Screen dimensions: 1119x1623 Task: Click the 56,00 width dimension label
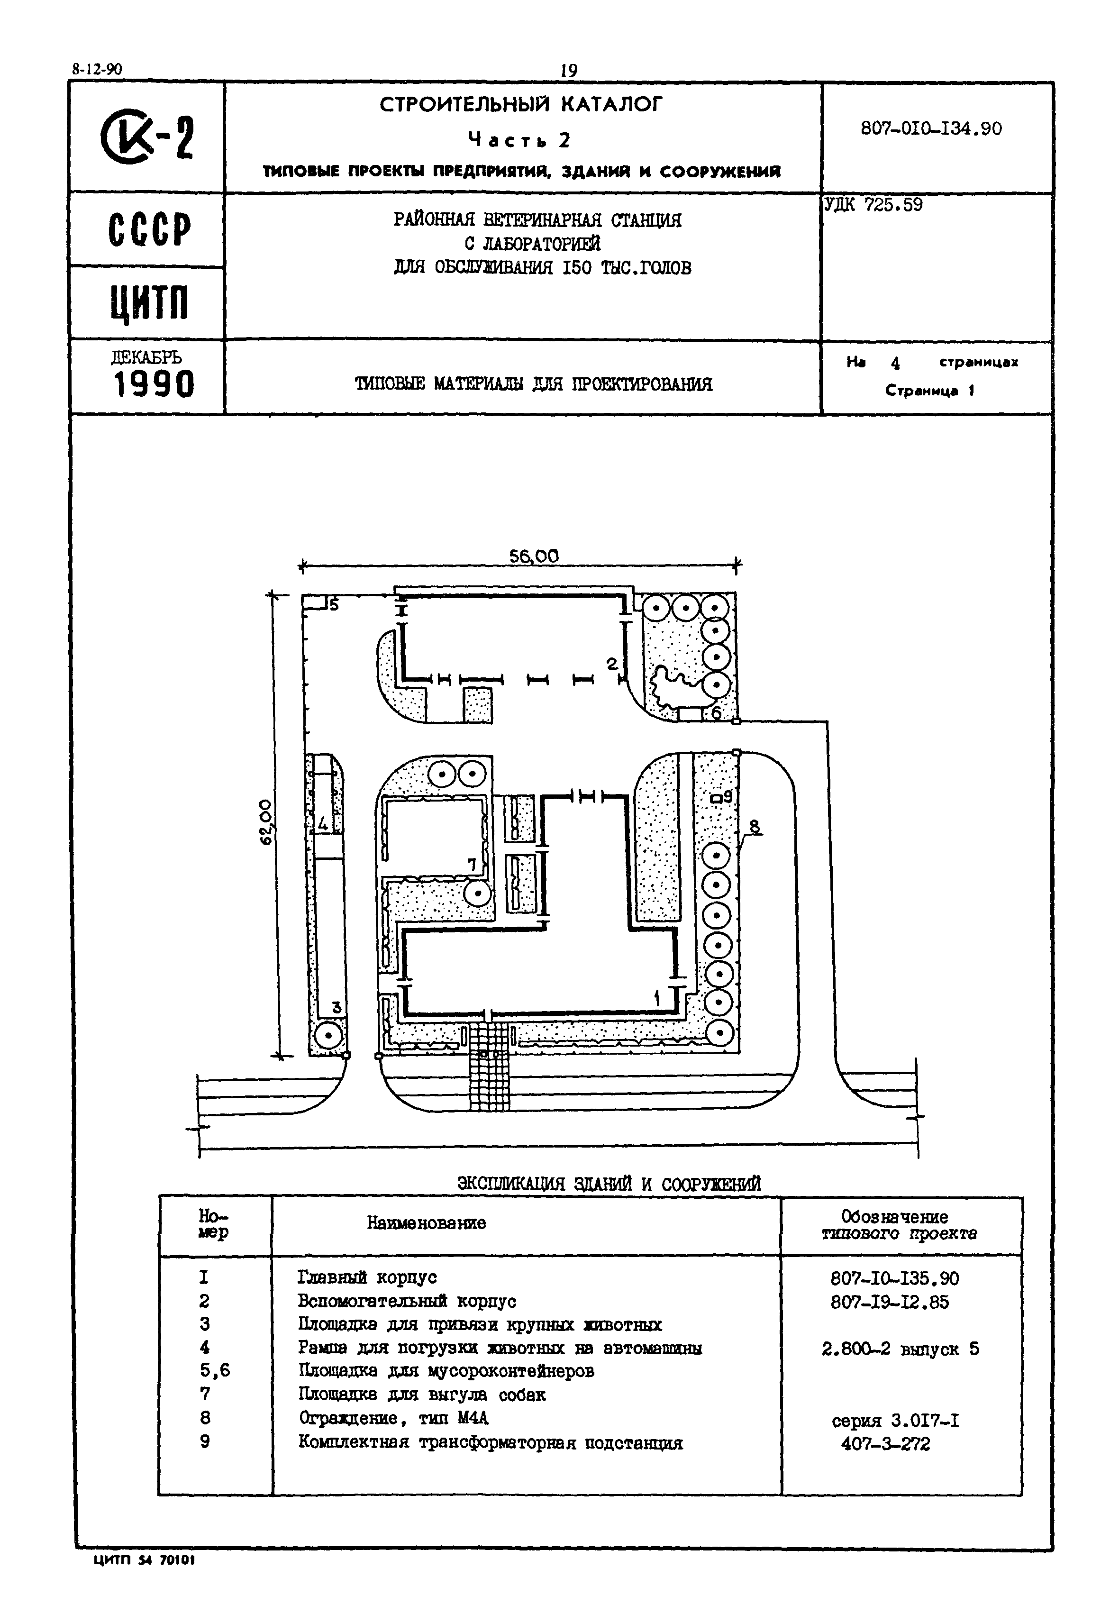pos(534,556)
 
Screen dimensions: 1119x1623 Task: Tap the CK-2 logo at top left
pos(147,137)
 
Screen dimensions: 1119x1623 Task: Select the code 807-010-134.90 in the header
pos(931,128)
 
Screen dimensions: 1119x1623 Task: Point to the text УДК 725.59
pos(873,205)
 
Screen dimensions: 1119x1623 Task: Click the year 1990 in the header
pos(154,384)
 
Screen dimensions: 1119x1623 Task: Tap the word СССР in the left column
pos(149,229)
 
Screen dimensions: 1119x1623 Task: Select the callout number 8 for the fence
pos(755,827)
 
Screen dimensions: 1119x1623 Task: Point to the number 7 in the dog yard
pos(473,865)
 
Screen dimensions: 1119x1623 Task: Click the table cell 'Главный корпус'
pos(367,1277)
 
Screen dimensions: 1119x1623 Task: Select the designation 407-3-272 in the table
pos(885,1444)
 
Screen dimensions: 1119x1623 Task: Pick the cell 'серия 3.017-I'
pos(895,1421)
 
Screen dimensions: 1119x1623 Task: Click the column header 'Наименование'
pos(426,1223)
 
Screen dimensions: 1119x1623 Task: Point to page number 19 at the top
pos(568,71)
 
